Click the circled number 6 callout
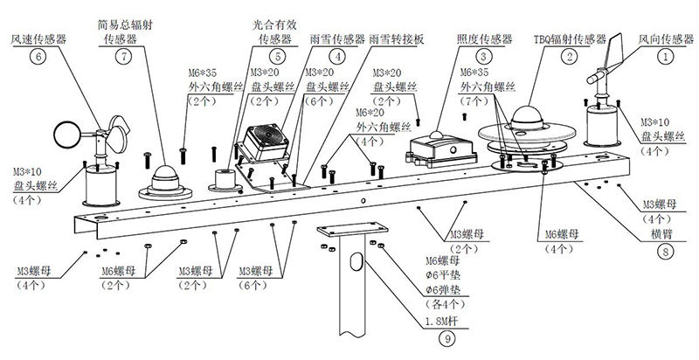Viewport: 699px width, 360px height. (x=37, y=56)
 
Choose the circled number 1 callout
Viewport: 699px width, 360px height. (x=667, y=55)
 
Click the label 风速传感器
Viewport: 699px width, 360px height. (x=37, y=39)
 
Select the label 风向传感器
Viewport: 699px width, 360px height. (x=667, y=39)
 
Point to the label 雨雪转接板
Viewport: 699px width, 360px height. (x=398, y=39)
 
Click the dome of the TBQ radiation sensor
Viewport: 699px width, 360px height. (x=531, y=117)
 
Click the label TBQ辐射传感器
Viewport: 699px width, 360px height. (x=570, y=39)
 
